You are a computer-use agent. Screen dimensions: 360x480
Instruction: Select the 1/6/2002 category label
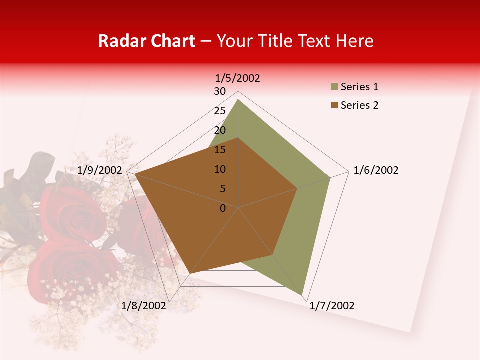tap(376, 170)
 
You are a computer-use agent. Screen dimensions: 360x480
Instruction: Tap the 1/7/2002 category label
tap(332, 306)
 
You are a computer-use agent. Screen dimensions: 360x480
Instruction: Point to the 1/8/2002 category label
tap(144, 306)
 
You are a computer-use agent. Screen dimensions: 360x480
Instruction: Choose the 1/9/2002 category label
tap(100, 170)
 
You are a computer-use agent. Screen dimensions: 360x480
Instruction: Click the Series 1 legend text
tap(359, 87)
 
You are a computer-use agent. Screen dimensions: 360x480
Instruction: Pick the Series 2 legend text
tap(359, 105)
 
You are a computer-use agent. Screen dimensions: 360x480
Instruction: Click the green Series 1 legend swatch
tap(334, 87)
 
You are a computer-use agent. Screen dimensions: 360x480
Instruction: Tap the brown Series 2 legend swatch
tap(334, 105)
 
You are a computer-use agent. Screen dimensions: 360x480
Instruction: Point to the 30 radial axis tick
tap(220, 91)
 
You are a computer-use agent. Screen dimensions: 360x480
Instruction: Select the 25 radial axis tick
tap(220, 111)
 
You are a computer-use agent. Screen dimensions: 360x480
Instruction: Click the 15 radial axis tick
tap(220, 150)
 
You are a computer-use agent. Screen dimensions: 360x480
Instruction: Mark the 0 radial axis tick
tap(223, 208)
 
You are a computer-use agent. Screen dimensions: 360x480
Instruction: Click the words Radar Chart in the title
tap(146, 41)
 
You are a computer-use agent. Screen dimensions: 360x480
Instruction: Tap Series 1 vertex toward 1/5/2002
tap(238, 100)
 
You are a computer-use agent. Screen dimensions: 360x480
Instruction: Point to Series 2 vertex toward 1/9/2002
tap(135, 174)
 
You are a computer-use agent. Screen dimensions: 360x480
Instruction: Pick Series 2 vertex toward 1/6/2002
tap(297, 188)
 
